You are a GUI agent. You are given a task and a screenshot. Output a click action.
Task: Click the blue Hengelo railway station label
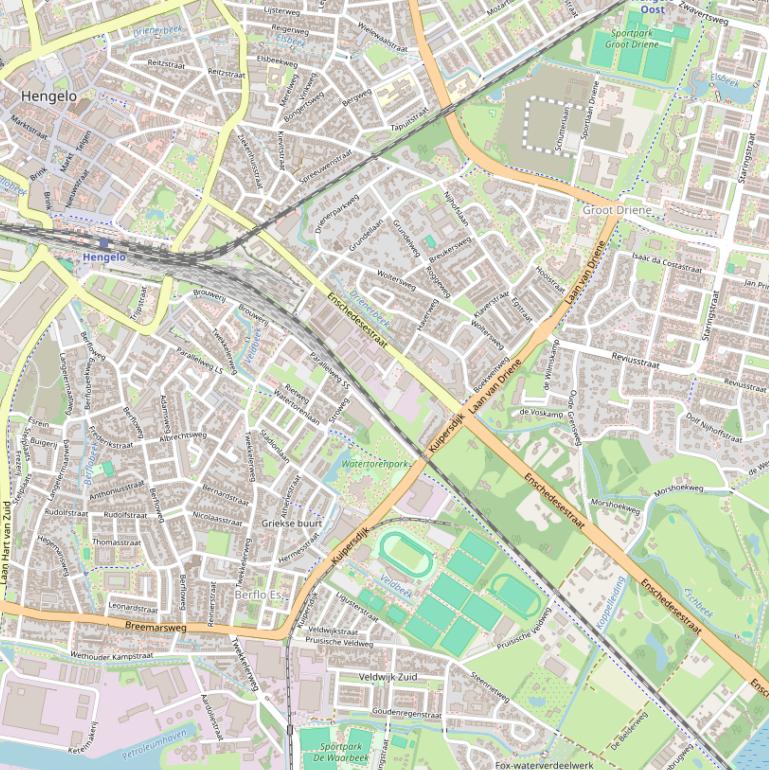[104, 257]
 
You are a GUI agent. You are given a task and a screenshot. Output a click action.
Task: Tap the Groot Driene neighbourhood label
[617, 211]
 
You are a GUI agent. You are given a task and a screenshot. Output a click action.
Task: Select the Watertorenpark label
[376, 464]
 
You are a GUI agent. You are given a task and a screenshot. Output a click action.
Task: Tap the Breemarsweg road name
[156, 626]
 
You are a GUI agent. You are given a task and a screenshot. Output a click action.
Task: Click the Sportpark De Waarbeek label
[343, 752]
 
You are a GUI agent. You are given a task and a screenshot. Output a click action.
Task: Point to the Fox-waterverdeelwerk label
[545, 764]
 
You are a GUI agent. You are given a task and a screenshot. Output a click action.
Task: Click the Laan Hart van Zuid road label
[6, 541]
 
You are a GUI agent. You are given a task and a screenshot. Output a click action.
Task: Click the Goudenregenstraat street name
[406, 714]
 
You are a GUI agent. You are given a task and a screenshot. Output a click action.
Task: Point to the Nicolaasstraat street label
[218, 519]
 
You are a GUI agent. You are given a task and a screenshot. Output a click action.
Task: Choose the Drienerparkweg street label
[336, 209]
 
